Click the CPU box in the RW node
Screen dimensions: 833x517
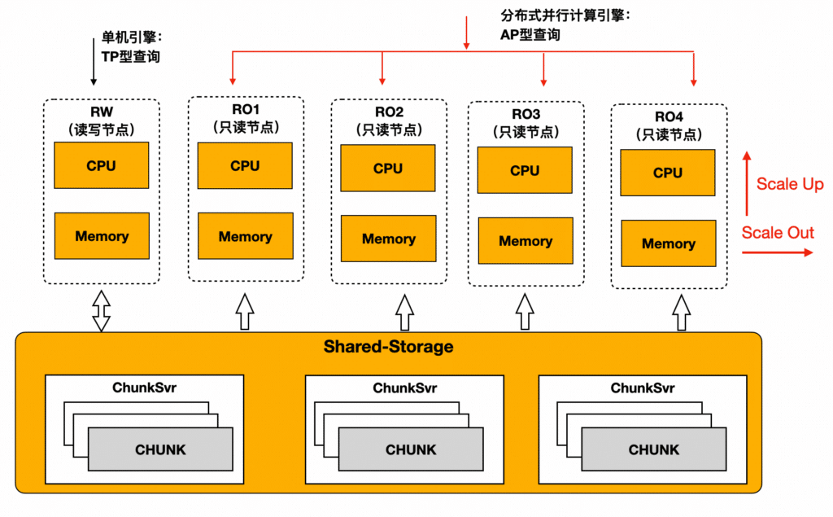pos(102,165)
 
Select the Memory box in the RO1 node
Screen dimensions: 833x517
pos(246,236)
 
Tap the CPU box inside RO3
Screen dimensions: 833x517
pos(525,170)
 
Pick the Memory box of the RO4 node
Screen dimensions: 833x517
pos(669,243)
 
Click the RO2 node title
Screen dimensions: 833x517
pos(390,112)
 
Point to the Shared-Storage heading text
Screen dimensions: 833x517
pos(388,347)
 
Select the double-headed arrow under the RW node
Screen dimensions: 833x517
pos(102,311)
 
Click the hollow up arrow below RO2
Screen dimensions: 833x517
pos(405,313)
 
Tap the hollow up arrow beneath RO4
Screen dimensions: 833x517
pos(682,313)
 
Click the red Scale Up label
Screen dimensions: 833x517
pos(790,184)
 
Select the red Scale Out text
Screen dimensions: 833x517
pos(778,232)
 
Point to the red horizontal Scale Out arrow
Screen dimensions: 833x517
pos(777,252)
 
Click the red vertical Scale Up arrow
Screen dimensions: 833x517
pos(747,183)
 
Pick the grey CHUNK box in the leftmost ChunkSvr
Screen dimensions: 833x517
pos(160,449)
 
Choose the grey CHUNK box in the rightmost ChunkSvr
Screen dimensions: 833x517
pos(654,449)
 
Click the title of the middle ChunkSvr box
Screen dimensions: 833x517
pos(405,388)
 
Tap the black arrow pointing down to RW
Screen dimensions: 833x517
pos(94,62)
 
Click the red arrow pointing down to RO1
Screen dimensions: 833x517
pos(233,68)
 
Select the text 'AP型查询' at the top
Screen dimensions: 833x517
pos(530,35)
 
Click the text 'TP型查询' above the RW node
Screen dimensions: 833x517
pos(131,57)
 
